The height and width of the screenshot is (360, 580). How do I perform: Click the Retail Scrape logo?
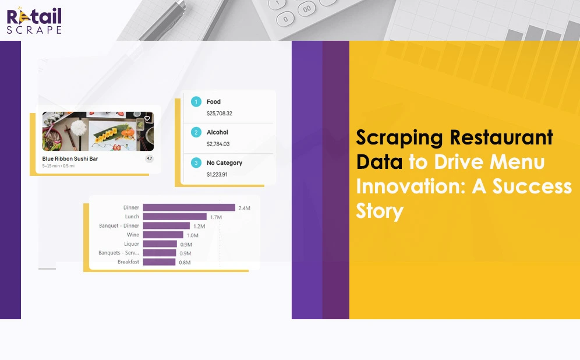pos(34,20)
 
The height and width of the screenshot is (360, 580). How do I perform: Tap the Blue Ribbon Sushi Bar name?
pos(70,158)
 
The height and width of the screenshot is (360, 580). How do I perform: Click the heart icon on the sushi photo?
pos(147,118)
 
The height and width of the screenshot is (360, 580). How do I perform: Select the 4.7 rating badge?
pos(150,158)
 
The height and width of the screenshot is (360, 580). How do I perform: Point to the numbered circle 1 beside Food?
pos(196,101)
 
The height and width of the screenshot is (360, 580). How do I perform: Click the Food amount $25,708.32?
pos(220,113)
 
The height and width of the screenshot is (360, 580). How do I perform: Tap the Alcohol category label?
pos(217,132)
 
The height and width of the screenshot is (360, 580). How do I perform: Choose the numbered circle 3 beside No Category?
pos(196,163)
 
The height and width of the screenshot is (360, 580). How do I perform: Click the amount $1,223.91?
pos(217,174)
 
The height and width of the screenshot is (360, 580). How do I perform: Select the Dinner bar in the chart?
pos(189,207)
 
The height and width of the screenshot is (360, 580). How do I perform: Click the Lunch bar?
pos(175,217)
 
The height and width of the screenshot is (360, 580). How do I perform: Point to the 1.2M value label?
pos(199,226)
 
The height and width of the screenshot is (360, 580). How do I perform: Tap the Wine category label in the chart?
pos(133,235)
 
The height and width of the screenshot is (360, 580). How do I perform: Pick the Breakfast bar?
pos(159,262)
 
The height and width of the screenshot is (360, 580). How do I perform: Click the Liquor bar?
pos(160,244)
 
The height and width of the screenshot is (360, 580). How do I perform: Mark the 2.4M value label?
pos(245,208)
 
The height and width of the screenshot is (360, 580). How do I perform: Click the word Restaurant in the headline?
pos(501,137)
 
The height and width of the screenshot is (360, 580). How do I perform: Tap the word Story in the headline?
pos(380,211)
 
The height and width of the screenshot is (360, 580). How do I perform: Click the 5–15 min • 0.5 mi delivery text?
pos(58,166)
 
